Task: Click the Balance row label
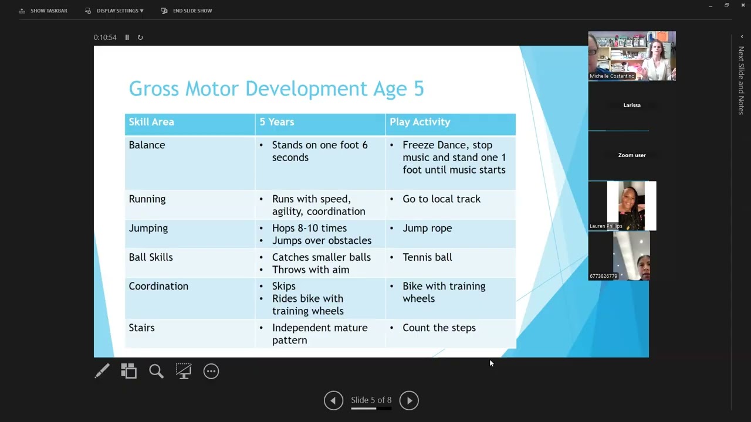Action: [147, 145]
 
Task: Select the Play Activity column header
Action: [420, 122]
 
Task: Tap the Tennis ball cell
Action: [427, 257]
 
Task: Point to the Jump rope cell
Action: [427, 228]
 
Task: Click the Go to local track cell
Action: [441, 199]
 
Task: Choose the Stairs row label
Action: [141, 328]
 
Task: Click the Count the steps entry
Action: [439, 328]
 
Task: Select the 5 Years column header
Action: [276, 122]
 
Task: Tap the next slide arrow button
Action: [409, 400]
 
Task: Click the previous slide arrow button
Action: [333, 400]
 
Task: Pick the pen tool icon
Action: [102, 371]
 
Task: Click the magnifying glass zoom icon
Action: [156, 371]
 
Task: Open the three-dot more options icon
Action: [211, 371]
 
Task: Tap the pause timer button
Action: [127, 38]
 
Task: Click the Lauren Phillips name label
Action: [605, 226]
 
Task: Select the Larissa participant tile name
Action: [632, 105]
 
